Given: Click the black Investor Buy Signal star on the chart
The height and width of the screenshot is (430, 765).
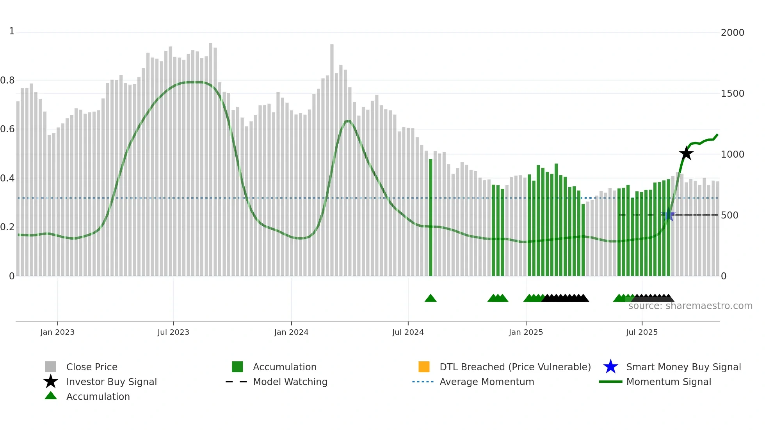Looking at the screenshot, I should pyautogui.click(x=686, y=153).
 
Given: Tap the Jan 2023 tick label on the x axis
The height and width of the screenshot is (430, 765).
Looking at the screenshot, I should pyautogui.click(x=57, y=332).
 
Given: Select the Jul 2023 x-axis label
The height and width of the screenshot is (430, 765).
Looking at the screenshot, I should pyautogui.click(x=173, y=332).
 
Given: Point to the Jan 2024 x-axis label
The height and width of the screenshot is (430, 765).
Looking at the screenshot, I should pyautogui.click(x=291, y=332).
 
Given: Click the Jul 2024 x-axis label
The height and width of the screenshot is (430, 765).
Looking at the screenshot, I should pyautogui.click(x=408, y=332).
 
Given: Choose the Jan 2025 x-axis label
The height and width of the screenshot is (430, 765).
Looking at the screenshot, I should pyautogui.click(x=526, y=332).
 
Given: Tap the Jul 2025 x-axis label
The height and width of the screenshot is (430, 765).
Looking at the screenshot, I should pyautogui.click(x=642, y=332).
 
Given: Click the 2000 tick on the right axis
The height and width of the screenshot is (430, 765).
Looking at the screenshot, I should pyautogui.click(x=733, y=33).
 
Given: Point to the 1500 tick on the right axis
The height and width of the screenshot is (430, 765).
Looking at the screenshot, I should pyautogui.click(x=733, y=94).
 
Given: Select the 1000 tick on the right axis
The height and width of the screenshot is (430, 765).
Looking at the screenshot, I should pyautogui.click(x=733, y=155).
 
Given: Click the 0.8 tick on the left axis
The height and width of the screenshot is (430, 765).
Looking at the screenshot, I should pyautogui.click(x=7, y=80).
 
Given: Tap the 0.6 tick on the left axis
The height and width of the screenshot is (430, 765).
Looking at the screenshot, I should pyautogui.click(x=7, y=129).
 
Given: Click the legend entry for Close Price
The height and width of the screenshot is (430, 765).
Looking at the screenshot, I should pyautogui.click(x=92, y=367).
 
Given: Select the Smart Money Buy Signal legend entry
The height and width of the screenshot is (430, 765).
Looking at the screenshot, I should pyautogui.click(x=683, y=367).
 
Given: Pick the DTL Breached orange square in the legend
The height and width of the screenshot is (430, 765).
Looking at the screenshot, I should pyautogui.click(x=424, y=367).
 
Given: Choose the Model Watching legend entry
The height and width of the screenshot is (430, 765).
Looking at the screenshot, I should pyautogui.click(x=290, y=382).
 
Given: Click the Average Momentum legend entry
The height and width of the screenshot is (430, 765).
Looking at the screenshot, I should pyautogui.click(x=487, y=382).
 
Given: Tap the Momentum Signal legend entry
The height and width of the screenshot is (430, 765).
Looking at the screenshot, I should pyautogui.click(x=669, y=382).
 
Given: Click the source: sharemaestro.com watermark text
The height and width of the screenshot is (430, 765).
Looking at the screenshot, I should pyautogui.click(x=690, y=306).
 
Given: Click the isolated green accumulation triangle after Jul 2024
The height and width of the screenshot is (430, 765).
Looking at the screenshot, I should pyautogui.click(x=431, y=299).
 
